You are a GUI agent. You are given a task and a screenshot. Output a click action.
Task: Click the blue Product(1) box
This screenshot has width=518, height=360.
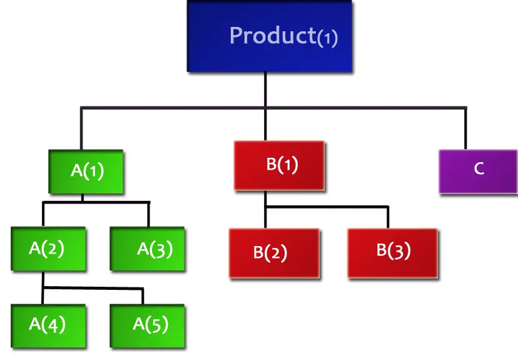269,36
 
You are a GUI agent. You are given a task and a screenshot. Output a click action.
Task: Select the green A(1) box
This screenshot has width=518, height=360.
86,171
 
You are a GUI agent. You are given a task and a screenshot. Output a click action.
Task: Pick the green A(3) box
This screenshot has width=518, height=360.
148,249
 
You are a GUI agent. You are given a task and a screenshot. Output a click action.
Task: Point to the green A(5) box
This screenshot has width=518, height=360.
148,325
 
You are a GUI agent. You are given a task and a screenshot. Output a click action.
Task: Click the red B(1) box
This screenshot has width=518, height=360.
279,165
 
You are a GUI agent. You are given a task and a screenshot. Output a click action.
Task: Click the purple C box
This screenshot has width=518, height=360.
478,170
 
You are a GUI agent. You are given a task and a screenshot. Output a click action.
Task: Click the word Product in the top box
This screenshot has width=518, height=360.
272,36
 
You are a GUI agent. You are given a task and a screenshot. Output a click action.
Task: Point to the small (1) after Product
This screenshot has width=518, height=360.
327,38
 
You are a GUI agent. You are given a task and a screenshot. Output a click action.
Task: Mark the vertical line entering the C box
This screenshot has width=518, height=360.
465,128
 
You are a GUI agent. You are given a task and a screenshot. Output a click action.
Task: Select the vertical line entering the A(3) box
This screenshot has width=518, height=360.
148,214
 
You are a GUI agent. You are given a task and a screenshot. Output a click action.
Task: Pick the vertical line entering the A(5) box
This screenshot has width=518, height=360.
143,296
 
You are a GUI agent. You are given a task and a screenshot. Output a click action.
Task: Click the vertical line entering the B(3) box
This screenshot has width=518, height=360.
388,217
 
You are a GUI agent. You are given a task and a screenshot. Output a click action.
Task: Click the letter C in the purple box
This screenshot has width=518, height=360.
479,170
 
